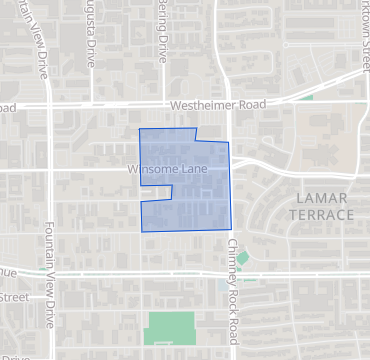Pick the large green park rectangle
[170, 329]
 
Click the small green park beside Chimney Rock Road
[242, 258]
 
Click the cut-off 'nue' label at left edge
[7, 272]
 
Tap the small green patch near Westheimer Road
[307, 98]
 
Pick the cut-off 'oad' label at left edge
[8, 107]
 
